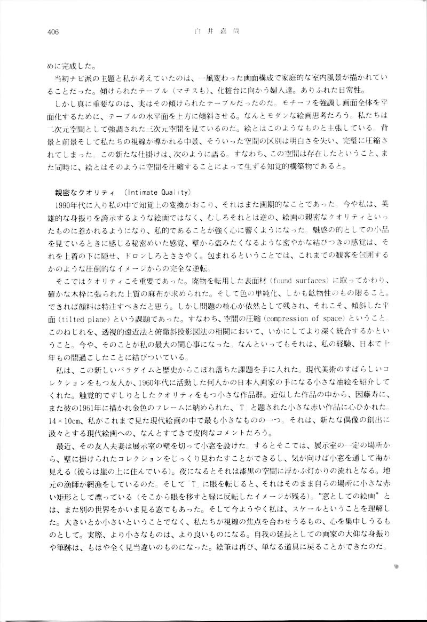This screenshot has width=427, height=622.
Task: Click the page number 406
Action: (52, 31)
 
